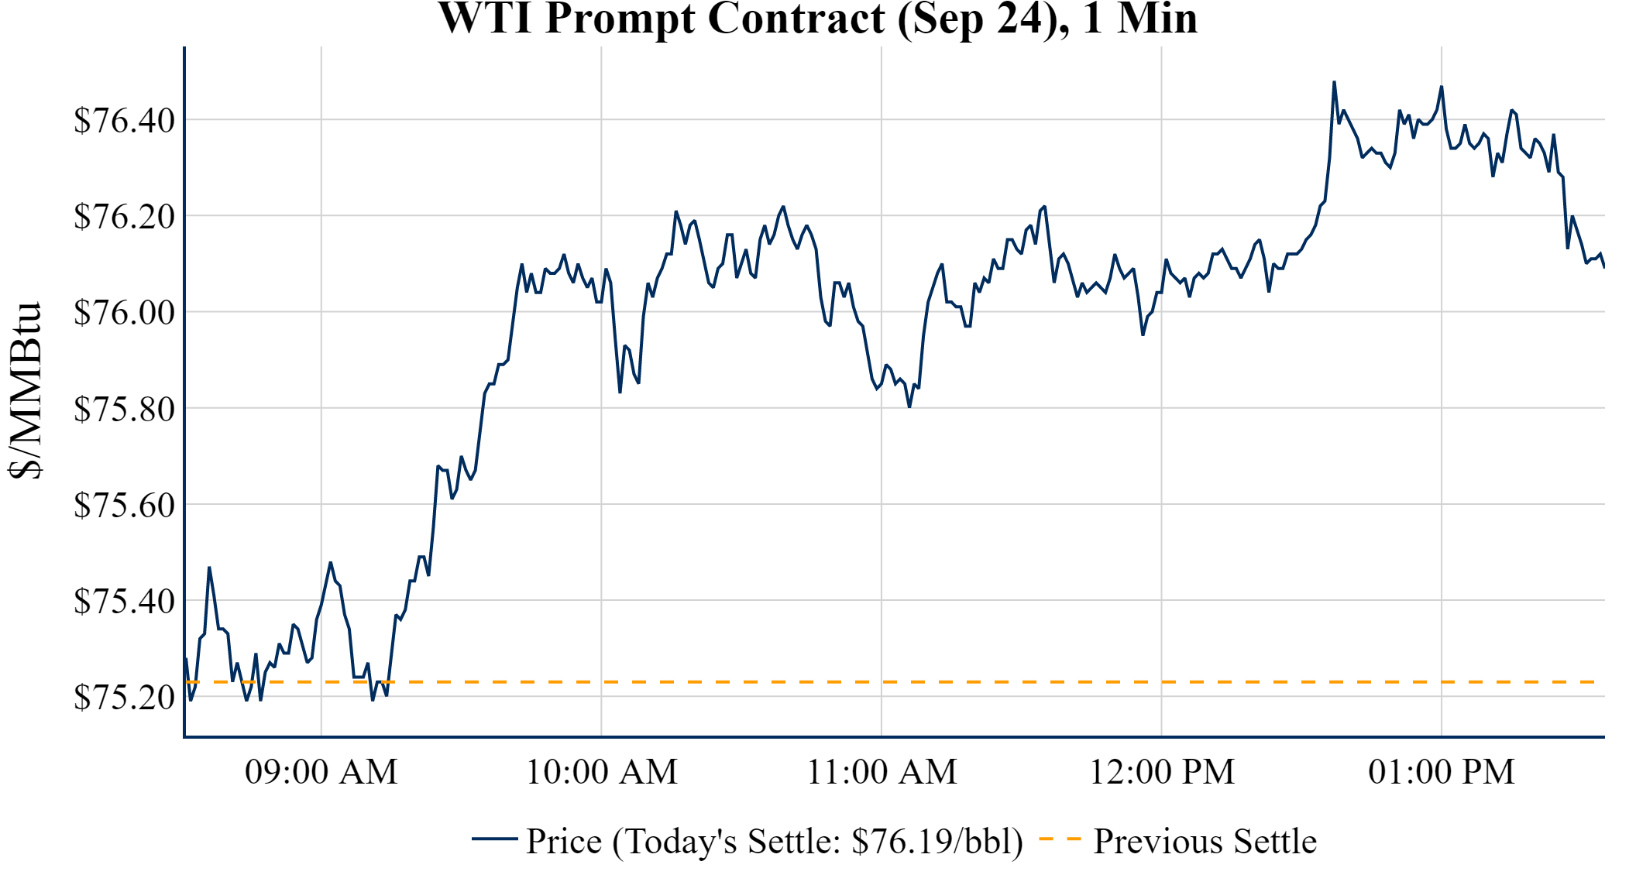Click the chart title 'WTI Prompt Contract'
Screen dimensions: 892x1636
[817, 19]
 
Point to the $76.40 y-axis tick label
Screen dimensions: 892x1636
[124, 120]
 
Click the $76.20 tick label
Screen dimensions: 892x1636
[124, 216]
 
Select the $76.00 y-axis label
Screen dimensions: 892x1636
[124, 312]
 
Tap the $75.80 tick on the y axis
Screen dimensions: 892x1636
[124, 408]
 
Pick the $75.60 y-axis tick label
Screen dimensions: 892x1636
[124, 504]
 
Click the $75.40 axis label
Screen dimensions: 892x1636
[124, 600]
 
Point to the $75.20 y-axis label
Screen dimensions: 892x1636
[124, 696]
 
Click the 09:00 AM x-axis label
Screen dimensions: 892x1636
[321, 771]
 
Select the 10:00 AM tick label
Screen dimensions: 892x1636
[602, 771]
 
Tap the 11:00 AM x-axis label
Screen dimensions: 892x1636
[882, 771]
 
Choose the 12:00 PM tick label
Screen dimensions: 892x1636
[1162, 771]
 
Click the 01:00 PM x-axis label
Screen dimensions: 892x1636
[1442, 771]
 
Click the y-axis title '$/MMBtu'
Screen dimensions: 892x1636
[25, 391]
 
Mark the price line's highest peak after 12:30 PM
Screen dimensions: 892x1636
[1334, 82]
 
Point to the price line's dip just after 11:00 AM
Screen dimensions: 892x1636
[909, 406]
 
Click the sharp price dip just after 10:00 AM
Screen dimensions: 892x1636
[620, 392]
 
